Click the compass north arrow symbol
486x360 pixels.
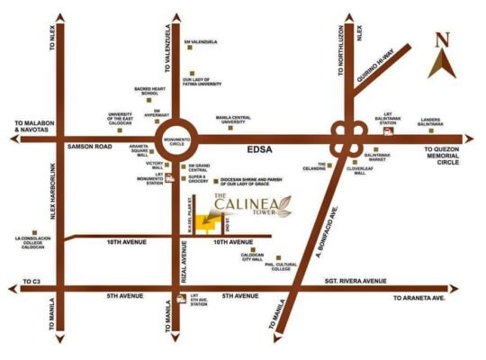click(x=441, y=56)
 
